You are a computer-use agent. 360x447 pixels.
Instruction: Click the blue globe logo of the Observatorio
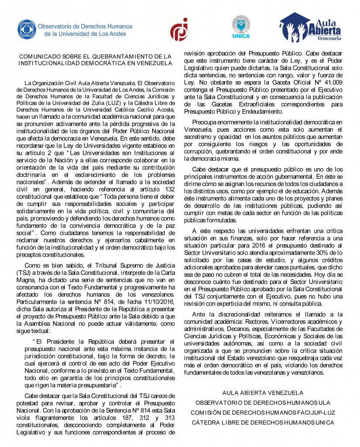point(27,30)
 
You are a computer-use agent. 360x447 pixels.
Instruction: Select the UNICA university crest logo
point(241,27)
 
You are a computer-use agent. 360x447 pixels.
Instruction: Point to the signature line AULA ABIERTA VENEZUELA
point(263,392)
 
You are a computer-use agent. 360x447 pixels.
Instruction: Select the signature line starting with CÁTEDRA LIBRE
point(263,422)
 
